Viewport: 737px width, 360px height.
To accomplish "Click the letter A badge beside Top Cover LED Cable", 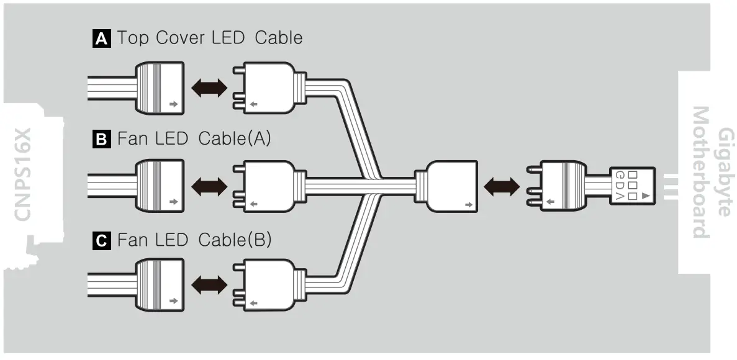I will coord(101,39).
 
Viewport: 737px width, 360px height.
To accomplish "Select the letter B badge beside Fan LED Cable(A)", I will coord(101,140).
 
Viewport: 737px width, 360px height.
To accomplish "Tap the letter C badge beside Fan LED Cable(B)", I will coord(101,241).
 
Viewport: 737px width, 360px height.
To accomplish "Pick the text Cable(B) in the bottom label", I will coord(235,240).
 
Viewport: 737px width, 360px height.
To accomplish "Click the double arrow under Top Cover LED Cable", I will coord(209,88).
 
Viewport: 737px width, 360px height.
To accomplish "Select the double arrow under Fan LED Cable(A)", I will coord(209,186).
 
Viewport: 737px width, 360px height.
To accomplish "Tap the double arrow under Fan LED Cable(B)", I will coord(209,286).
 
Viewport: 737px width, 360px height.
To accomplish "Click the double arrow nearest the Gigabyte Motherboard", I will coord(502,186).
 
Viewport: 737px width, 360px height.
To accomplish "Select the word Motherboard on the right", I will coord(700,173).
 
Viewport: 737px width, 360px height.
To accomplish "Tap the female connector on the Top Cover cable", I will coord(160,88).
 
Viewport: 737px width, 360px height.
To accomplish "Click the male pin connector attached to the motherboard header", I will coord(562,186).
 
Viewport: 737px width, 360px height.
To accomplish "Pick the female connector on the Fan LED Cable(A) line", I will coord(160,186).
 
